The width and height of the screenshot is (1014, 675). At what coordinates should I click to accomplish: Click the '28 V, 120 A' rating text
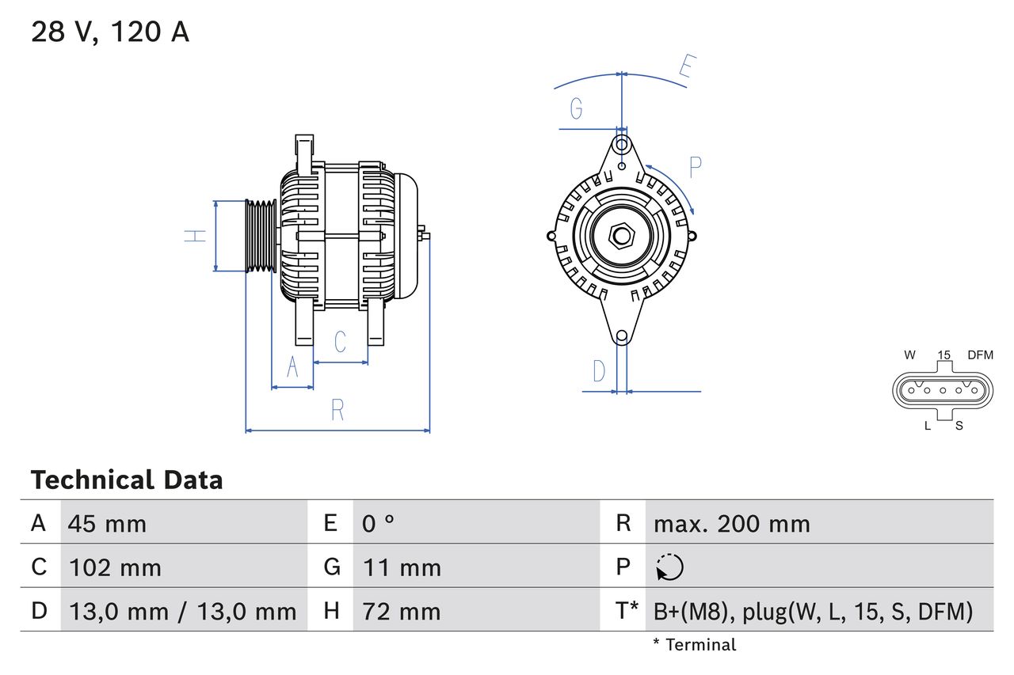click(x=110, y=32)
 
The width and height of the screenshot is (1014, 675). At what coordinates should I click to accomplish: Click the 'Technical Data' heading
click(x=127, y=480)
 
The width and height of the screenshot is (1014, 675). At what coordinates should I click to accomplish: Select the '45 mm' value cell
click(x=107, y=523)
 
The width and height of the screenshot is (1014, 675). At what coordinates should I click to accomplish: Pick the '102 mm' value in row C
click(x=115, y=567)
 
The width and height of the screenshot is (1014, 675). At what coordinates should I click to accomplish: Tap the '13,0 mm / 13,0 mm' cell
click(x=182, y=611)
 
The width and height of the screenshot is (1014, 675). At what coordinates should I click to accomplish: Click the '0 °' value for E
click(x=379, y=523)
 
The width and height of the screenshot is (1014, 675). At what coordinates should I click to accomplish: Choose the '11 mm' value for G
click(x=402, y=567)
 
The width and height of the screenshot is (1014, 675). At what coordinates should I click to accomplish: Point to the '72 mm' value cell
click(x=401, y=611)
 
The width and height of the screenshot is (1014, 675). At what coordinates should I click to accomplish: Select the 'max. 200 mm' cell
click(x=731, y=523)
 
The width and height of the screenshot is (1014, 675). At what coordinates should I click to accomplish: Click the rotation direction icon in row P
click(x=669, y=567)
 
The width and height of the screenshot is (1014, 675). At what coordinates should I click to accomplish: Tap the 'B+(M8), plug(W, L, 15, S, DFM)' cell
click(x=812, y=611)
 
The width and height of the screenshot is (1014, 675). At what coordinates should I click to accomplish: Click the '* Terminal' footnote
click(x=694, y=645)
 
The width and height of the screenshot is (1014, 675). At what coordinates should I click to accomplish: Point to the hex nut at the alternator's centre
click(x=622, y=236)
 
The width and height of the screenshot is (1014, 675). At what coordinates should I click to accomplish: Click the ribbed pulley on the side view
click(x=259, y=236)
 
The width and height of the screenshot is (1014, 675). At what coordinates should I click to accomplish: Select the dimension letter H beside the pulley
click(x=195, y=235)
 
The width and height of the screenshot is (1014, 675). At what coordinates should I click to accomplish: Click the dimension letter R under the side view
click(x=337, y=410)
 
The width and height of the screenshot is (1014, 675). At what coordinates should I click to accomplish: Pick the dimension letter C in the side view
click(x=340, y=342)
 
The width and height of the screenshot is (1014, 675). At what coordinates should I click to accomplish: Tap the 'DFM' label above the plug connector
click(x=979, y=355)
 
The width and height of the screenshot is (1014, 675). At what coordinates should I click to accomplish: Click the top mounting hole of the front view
click(x=622, y=145)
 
